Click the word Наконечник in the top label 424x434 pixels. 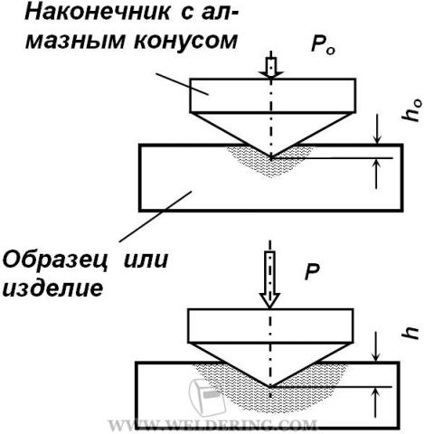click(98, 13)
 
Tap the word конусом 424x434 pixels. click(185, 41)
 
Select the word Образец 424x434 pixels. click(55, 260)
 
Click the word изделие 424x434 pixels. click(53, 288)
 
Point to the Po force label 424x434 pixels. click(323, 46)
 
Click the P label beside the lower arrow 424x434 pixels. click(312, 272)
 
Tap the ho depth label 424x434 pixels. click(411, 110)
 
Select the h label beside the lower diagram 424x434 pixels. click(410, 333)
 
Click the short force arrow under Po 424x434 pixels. click(271, 66)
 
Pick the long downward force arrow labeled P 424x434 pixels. click(270, 278)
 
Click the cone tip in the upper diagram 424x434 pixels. click(271, 158)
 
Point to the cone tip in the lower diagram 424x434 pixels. click(270, 386)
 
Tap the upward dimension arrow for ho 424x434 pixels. click(376, 175)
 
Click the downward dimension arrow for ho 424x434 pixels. click(377, 129)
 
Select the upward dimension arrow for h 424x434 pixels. click(375, 402)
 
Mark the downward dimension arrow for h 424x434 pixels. click(375, 347)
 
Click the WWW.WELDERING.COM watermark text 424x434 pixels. click(212, 425)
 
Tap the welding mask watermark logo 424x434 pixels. click(207, 397)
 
